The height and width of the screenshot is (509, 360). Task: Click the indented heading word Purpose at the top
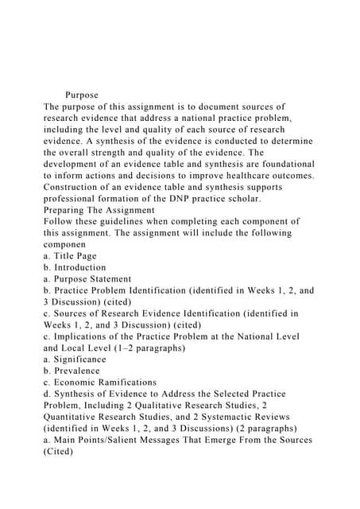pos(82,95)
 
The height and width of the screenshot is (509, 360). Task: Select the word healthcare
pos(246,175)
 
